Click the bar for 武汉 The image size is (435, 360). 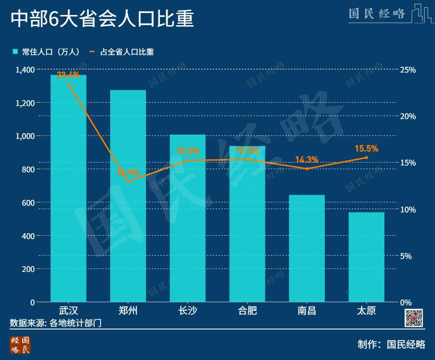click(x=68, y=189)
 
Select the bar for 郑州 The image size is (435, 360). click(x=128, y=196)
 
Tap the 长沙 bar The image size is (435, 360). click(x=188, y=218)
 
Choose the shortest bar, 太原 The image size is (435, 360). click(x=366, y=257)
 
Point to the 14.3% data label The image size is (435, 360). click(x=306, y=160)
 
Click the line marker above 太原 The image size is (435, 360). click(x=366, y=158)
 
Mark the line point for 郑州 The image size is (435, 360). click(x=128, y=182)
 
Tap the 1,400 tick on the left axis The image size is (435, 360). click(x=25, y=70)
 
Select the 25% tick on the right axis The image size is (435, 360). click(x=408, y=70)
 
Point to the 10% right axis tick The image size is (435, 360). click(x=408, y=210)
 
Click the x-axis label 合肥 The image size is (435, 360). click(x=247, y=310)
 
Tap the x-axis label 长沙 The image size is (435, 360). click(x=188, y=310)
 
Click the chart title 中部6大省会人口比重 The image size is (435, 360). click(x=102, y=20)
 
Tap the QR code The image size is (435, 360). click(x=414, y=318)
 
